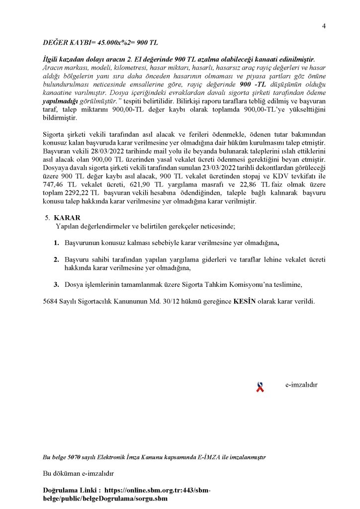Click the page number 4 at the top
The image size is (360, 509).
tap(324, 26)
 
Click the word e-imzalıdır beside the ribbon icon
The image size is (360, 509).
tap(301, 385)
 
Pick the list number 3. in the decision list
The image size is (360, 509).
tap(56, 284)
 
